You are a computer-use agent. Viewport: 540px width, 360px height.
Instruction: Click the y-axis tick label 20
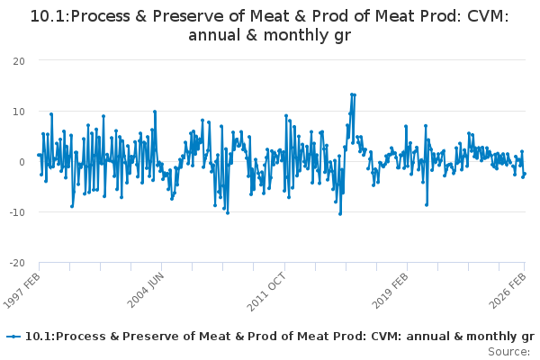pos(18,60)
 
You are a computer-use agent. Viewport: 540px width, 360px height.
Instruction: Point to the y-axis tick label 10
pos(18,111)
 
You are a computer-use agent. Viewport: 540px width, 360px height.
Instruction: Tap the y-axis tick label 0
pos(21,162)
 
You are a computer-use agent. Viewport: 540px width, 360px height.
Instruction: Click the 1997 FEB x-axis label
pos(22,290)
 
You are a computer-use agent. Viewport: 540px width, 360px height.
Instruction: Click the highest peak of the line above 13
pos(353,94)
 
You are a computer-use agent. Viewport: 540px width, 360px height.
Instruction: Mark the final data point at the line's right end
pos(525,174)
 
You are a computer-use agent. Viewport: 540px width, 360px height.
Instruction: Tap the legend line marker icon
pos(13,337)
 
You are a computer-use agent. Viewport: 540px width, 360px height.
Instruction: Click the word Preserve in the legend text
pos(134,337)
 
